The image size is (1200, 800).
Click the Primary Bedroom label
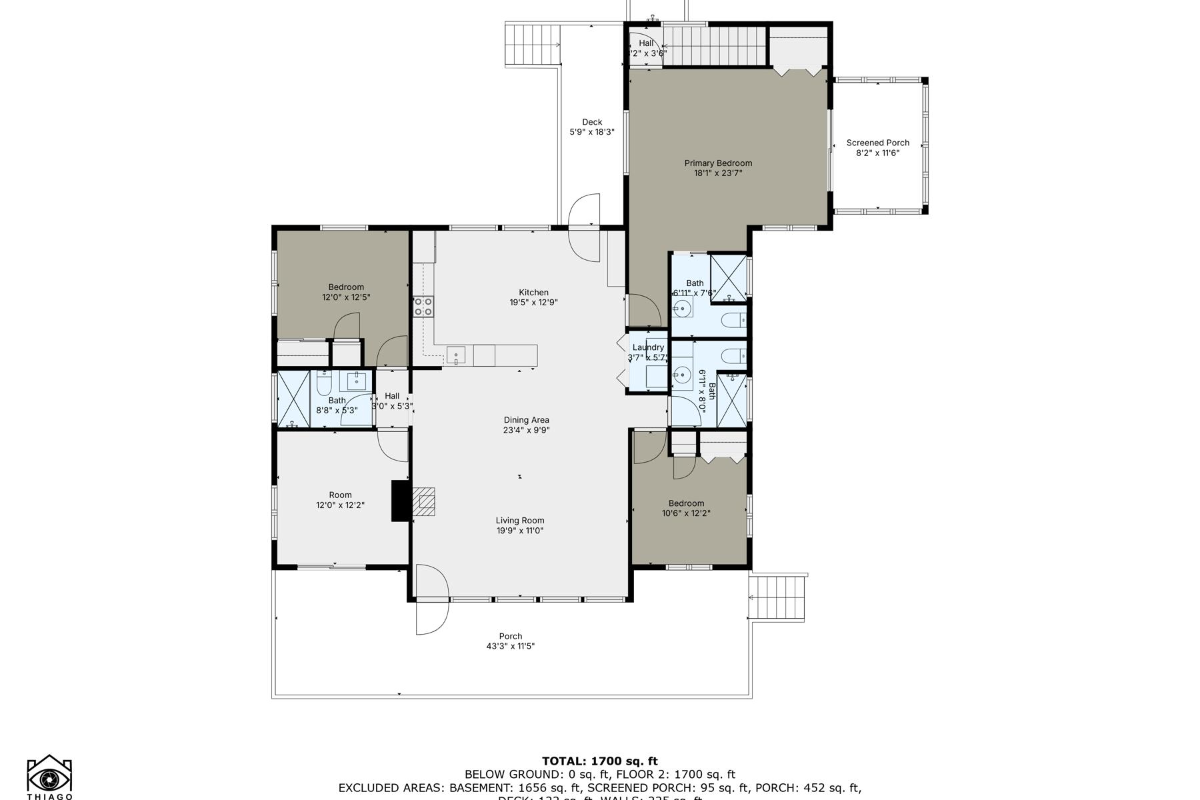tap(718, 163)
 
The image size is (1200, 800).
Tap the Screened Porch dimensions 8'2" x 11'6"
tap(877, 153)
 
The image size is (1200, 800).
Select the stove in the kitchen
tap(423, 306)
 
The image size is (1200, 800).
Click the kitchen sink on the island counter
tap(456, 354)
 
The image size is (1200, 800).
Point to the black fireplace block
tap(400, 501)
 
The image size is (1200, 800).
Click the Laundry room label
tap(648, 347)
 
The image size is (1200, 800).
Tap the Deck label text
tap(592, 122)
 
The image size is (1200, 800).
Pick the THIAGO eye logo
tap(49, 777)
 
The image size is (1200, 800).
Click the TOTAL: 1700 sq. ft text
tap(599, 761)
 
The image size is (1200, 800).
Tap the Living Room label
tap(519, 521)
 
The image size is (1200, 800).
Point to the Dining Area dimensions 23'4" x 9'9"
tap(526, 431)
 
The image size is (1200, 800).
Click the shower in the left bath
tap(294, 399)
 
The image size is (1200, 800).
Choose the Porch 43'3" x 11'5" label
tap(510, 641)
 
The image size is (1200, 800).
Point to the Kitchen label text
tap(533, 292)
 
